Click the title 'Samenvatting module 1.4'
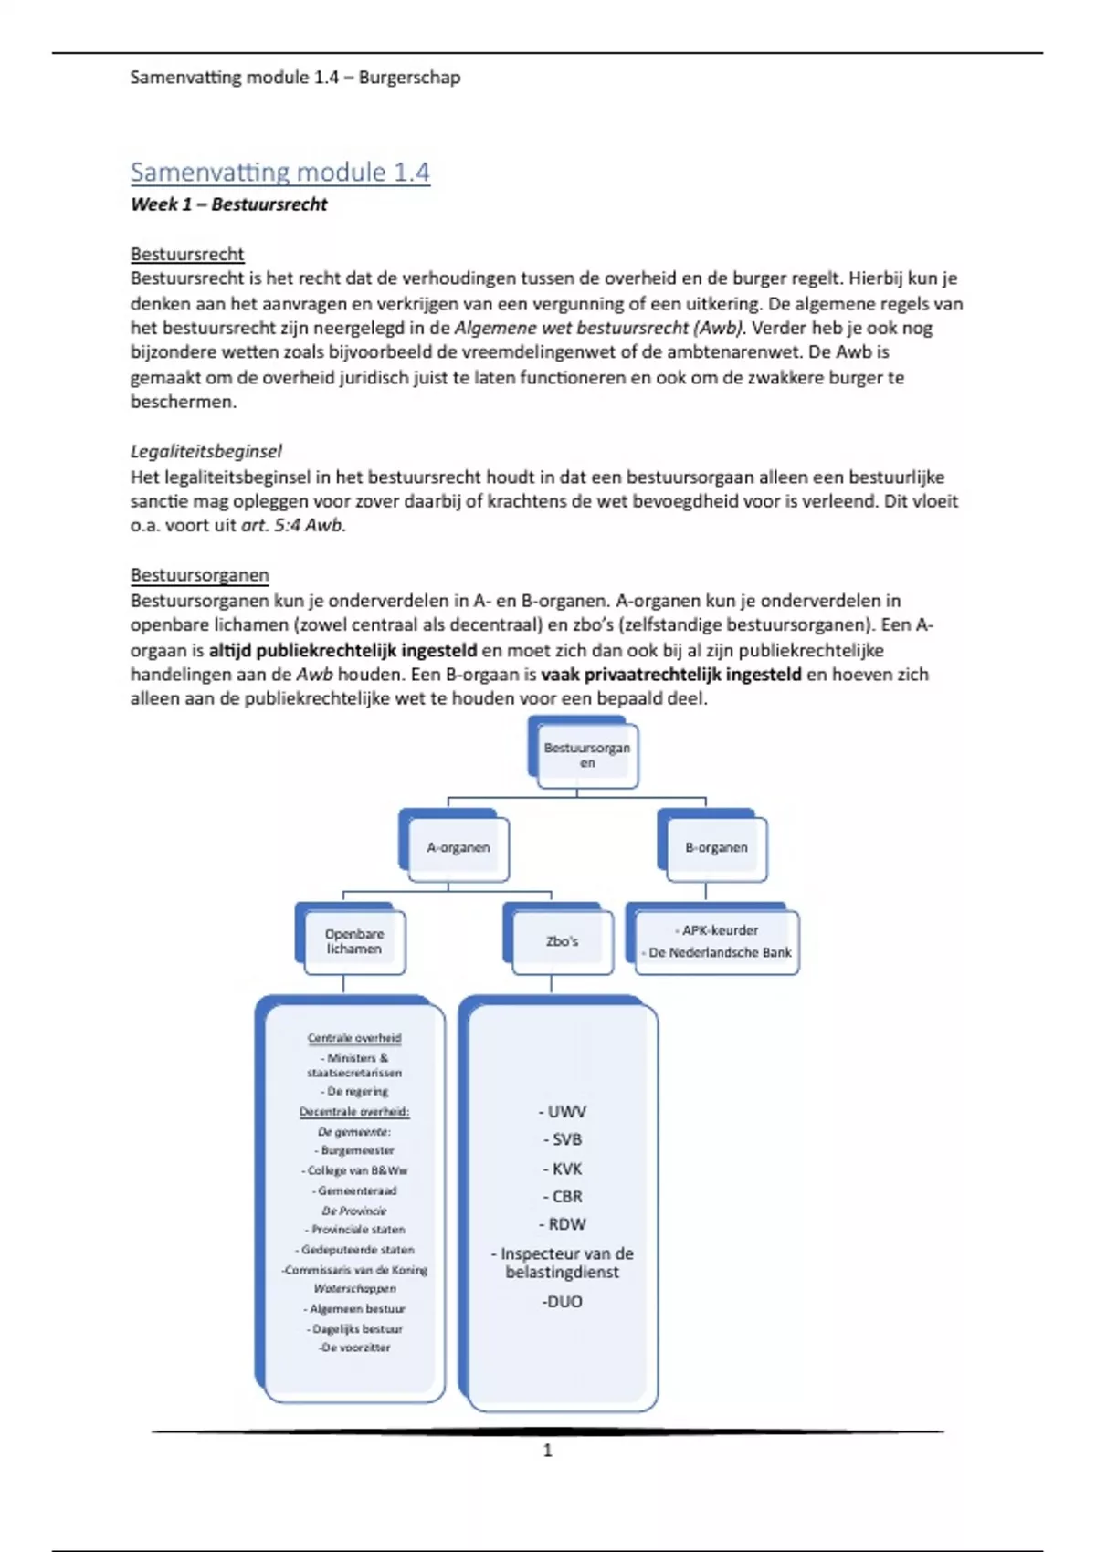(279, 172)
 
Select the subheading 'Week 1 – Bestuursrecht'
(228, 204)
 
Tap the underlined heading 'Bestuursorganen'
(199, 575)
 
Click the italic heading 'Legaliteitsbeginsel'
(205, 451)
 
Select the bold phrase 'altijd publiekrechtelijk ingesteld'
(342, 650)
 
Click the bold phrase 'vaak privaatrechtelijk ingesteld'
(671, 675)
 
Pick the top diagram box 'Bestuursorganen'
(586, 755)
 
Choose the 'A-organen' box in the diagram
(458, 847)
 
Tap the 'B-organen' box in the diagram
(716, 847)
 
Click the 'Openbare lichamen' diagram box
(353, 941)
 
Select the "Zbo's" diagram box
(562, 941)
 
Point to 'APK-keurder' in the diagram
(719, 930)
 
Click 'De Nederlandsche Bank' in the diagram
(720, 952)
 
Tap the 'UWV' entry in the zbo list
(563, 1112)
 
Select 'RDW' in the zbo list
(563, 1224)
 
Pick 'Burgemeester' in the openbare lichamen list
(355, 1150)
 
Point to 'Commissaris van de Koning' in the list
(354, 1270)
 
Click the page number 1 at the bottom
(548, 1451)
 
